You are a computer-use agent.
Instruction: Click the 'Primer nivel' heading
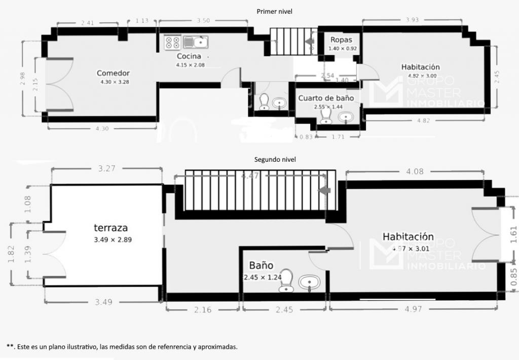click(x=275, y=11)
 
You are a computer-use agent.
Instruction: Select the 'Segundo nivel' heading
click(x=275, y=159)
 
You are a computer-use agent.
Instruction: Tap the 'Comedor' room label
click(x=114, y=73)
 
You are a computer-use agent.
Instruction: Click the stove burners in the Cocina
click(x=172, y=42)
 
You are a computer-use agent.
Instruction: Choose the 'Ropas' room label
click(x=341, y=40)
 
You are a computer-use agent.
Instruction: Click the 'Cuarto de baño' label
click(x=326, y=98)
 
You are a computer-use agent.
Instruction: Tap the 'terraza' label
click(x=110, y=228)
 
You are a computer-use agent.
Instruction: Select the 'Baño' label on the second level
click(x=261, y=265)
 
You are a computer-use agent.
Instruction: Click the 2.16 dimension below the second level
click(x=203, y=310)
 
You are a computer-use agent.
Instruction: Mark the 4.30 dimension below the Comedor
click(x=102, y=129)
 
